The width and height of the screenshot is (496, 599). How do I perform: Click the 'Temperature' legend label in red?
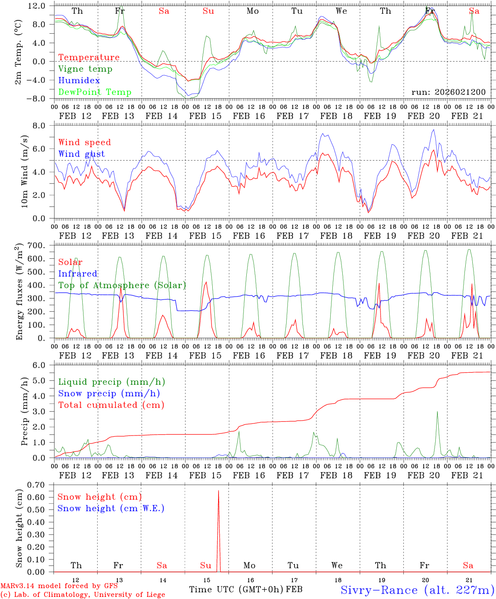(x=88, y=57)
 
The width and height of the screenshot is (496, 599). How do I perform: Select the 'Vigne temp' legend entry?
(x=85, y=69)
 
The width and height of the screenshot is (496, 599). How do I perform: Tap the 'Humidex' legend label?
(x=79, y=81)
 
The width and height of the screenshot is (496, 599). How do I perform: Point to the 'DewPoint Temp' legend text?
(x=95, y=92)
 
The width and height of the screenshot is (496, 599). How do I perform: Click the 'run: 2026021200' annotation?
(x=448, y=92)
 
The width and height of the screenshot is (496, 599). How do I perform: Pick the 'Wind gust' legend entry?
(x=81, y=154)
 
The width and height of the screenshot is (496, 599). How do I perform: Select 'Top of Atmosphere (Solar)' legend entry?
(x=122, y=285)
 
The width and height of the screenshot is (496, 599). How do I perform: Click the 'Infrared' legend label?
(x=78, y=274)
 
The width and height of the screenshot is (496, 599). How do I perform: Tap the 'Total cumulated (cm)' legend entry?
(x=111, y=405)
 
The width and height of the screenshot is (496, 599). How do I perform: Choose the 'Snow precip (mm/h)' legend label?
(x=109, y=394)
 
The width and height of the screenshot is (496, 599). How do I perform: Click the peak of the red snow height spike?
(x=219, y=491)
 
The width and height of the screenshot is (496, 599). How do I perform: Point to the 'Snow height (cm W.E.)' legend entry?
(x=111, y=508)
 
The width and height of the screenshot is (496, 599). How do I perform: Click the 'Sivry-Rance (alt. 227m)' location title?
(x=417, y=590)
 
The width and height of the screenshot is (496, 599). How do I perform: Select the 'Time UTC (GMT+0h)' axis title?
(x=236, y=589)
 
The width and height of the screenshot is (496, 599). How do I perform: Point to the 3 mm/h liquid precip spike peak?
(x=437, y=411)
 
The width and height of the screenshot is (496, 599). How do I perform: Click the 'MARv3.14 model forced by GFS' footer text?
(x=59, y=586)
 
